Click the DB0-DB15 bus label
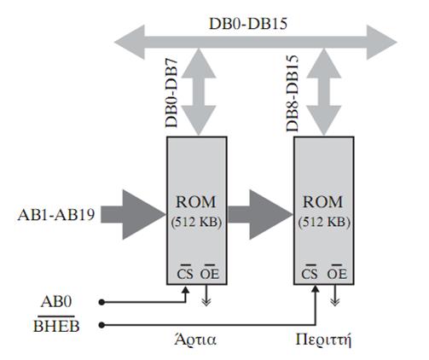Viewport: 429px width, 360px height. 248,24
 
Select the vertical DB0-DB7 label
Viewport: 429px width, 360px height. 171,93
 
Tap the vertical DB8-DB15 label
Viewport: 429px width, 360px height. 293,93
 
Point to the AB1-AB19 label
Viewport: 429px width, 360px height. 56,214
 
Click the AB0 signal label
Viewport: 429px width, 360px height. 56,301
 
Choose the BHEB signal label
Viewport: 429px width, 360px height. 56,325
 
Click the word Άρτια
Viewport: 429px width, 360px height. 195,340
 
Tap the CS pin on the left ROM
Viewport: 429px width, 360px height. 185,273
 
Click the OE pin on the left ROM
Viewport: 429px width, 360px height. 210,273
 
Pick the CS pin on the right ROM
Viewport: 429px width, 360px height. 310,273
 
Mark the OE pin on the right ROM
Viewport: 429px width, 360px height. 337,273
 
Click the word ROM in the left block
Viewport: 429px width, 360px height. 196,202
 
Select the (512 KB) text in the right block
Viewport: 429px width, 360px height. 324,222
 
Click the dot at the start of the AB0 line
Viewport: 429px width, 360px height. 101,302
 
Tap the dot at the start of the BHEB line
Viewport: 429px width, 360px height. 101,325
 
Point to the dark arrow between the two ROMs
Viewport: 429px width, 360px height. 260,215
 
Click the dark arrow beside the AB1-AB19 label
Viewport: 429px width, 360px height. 133,215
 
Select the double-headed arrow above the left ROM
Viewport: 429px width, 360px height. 199,91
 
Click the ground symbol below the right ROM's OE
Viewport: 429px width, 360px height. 335,296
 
